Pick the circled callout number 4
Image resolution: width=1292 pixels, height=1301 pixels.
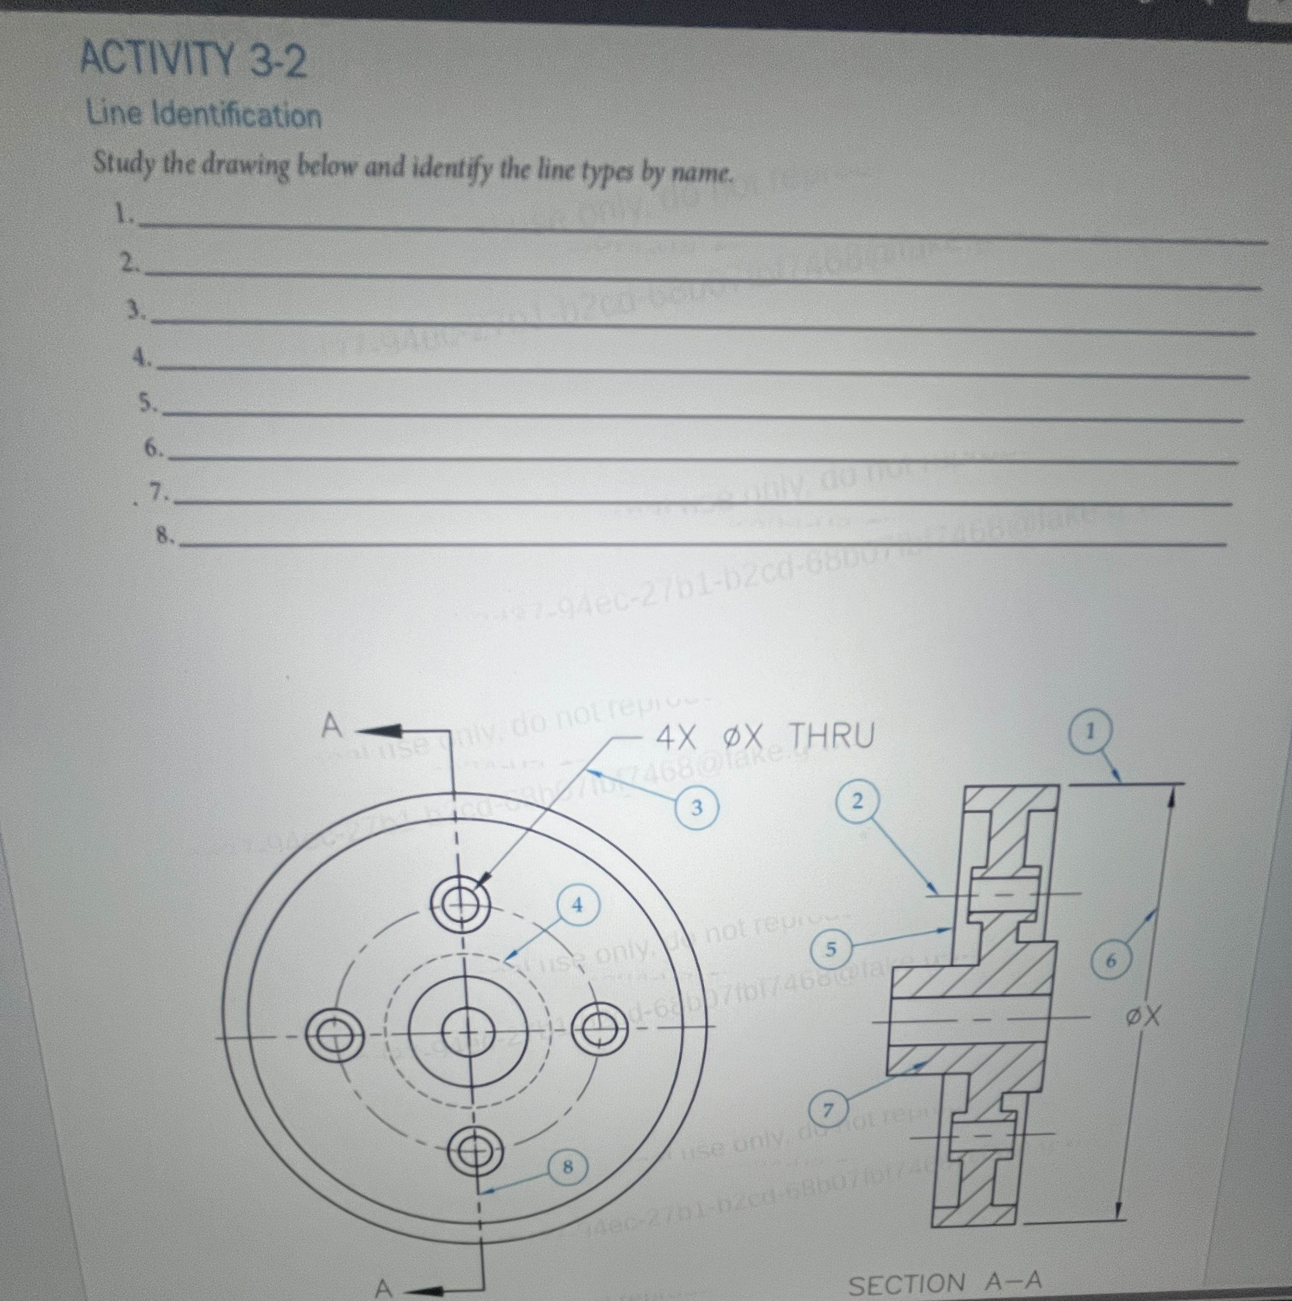point(577,906)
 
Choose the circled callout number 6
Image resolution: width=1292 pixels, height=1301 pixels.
point(1111,962)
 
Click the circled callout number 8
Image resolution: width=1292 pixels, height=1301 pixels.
point(567,1166)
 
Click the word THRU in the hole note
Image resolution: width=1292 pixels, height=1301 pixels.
point(831,736)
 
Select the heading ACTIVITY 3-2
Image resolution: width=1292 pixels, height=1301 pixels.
point(193,60)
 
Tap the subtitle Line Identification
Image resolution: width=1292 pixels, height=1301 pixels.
point(204,115)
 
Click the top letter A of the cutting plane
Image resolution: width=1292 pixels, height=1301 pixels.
point(331,726)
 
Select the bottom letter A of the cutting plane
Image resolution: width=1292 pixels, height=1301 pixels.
point(383,1287)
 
